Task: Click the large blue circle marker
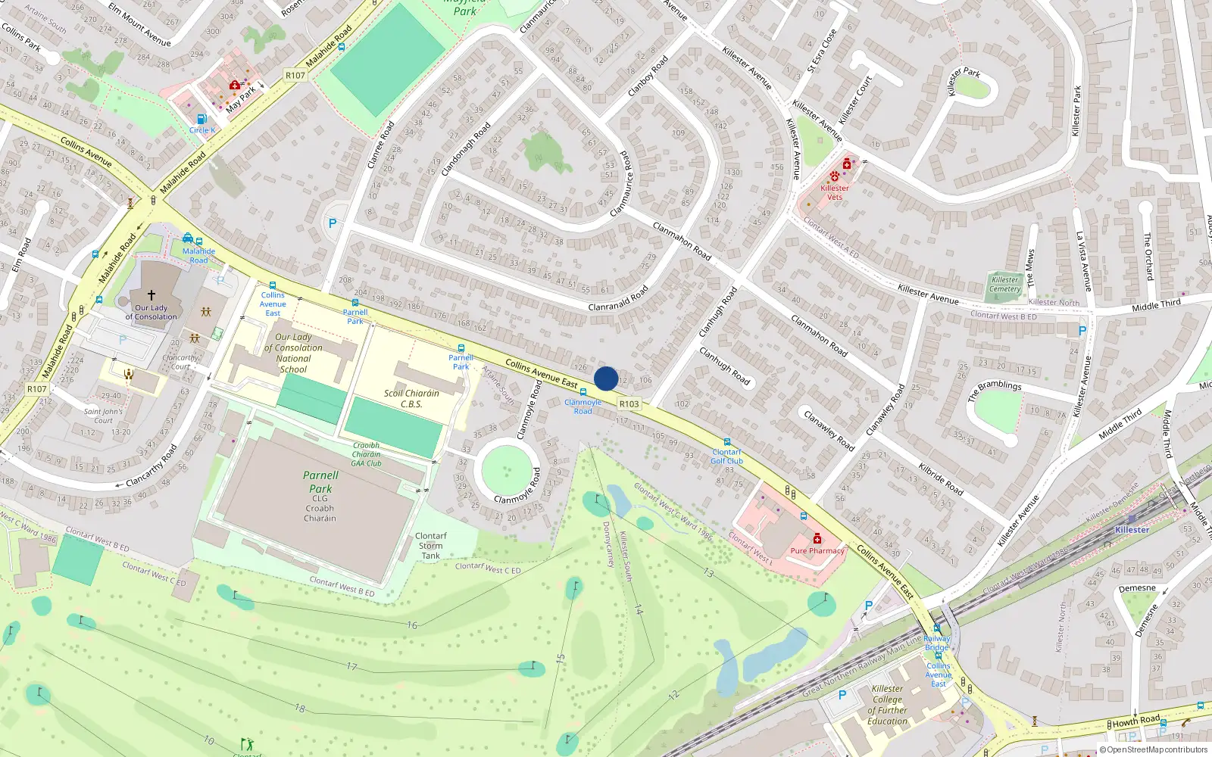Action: (606, 378)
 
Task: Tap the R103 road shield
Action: (629, 404)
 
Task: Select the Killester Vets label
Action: (834, 192)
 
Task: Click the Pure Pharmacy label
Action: (817, 551)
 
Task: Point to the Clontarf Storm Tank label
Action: (431, 546)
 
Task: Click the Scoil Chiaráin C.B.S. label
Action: (411, 399)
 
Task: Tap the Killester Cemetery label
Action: (1004, 284)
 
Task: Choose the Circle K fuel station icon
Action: (201, 119)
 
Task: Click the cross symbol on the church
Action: (151, 295)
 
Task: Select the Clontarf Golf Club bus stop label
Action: (727, 456)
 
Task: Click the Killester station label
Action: (1132, 530)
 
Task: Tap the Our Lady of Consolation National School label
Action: (293, 354)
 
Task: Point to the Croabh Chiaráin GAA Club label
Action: (367, 454)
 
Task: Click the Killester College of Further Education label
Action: (888, 705)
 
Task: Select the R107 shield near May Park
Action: (295, 75)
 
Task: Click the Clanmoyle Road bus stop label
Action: (583, 407)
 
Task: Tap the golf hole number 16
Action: (412, 625)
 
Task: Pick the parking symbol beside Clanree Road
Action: (332, 223)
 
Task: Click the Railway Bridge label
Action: (937, 643)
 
